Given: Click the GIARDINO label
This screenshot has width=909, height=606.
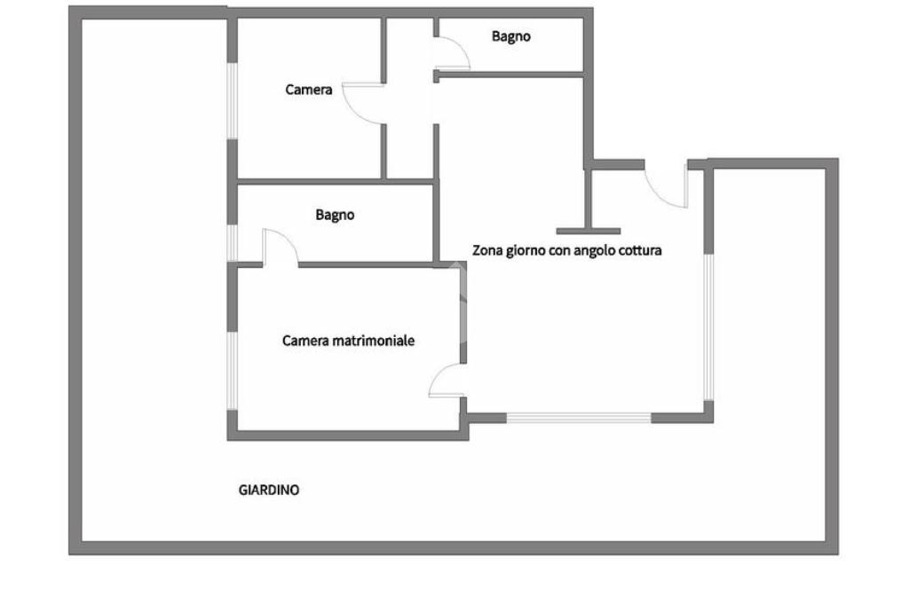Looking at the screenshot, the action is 269,490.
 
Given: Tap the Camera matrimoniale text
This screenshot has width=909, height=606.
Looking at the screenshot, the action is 348,341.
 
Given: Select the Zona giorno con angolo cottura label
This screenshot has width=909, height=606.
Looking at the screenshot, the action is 566,250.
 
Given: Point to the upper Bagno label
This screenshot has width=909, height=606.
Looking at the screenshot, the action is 511,36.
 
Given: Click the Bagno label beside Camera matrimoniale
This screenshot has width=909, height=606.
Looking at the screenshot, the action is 335,215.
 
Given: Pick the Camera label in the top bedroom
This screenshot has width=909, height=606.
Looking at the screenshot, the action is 309,90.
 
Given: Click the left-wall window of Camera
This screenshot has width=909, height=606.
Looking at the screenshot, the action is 233,100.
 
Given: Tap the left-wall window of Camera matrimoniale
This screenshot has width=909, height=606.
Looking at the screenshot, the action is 233,371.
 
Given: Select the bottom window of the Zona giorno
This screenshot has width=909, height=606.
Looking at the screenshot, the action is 578,416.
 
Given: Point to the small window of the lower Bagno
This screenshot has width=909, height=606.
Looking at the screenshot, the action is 233,242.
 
